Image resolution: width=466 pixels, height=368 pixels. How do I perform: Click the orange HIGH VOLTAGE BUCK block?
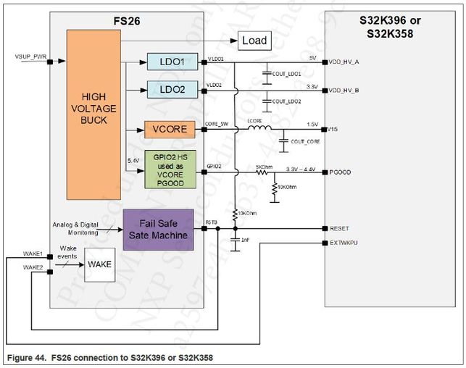[94, 114]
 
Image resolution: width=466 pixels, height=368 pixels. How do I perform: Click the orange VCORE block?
[170, 130]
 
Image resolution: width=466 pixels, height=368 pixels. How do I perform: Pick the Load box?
[253, 41]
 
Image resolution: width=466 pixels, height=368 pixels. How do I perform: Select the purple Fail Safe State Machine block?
[158, 230]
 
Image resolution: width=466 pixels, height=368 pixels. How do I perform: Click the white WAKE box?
[99, 264]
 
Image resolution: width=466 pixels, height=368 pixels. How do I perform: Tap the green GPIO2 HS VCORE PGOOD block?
[170, 170]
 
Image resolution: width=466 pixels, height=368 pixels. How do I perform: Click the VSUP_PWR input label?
[30, 56]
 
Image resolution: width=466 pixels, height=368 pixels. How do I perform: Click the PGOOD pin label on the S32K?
[339, 172]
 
